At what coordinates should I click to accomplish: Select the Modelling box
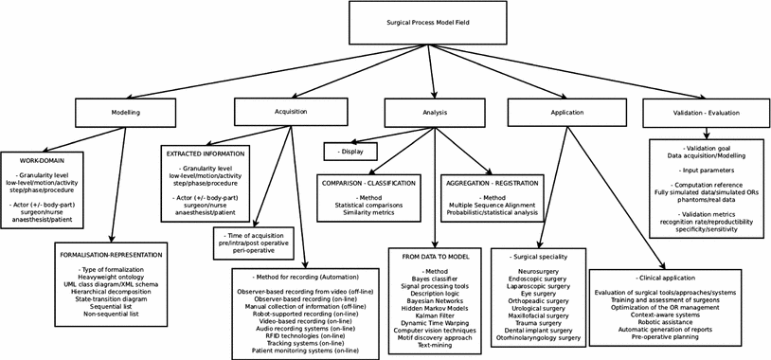pyautogui.click(x=125, y=113)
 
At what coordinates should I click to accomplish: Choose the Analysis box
pyautogui.click(x=435, y=112)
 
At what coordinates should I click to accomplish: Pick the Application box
pyautogui.click(x=565, y=112)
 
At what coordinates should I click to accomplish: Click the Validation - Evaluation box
pyautogui.click(x=706, y=112)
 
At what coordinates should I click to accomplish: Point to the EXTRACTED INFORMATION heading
pyautogui.click(x=206, y=153)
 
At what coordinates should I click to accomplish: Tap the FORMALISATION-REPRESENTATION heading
pyautogui.click(x=113, y=255)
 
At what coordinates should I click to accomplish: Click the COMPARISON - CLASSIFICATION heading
pyautogui.click(x=372, y=179)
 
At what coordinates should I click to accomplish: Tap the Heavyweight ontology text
pyautogui.click(x=113, y=279)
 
